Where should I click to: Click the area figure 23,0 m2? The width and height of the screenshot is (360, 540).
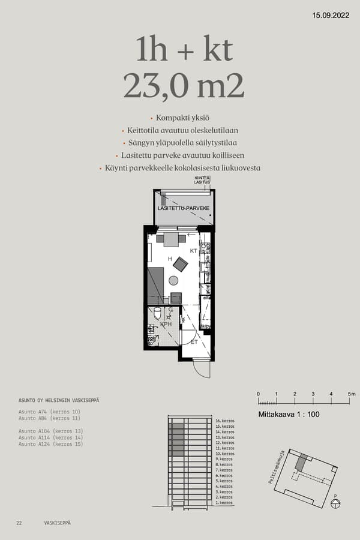tap(184, 86)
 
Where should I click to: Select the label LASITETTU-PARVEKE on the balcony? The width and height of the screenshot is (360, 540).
tap(184, 208)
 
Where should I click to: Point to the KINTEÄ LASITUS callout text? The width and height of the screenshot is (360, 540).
tap(202, 181)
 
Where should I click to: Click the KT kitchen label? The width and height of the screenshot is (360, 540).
tap(194, 250)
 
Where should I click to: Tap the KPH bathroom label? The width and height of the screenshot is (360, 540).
tap(166, 323)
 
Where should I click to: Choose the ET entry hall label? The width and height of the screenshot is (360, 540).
tap(194, 342)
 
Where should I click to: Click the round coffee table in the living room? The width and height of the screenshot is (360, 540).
tap(173, 280)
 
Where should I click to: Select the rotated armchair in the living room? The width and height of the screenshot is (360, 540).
tap(180, 263)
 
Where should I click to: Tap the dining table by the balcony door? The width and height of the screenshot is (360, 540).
tap(171, 239)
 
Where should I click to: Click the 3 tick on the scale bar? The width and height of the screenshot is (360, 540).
tap(313, 394)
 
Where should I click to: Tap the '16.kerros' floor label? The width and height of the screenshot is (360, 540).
tap(224, 421)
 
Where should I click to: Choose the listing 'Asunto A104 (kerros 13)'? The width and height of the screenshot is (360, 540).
tap(50, 431)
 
